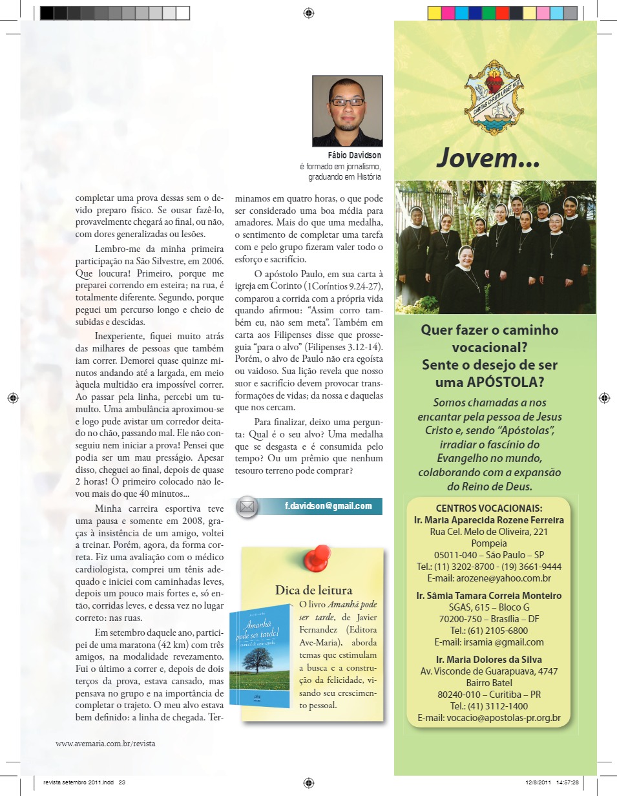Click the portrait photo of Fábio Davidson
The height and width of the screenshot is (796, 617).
[348, 111]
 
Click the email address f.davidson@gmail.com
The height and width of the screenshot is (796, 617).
[328, 506]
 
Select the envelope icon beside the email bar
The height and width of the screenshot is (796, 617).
[247, 507]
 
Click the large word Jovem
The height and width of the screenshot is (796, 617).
[488, 158]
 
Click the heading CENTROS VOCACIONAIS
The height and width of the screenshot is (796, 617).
[489, 508]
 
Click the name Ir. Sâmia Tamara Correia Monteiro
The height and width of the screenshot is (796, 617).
[489, 596]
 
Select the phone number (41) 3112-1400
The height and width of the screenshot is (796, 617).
[489, 706]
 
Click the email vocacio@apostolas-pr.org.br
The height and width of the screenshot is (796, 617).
[489, 718]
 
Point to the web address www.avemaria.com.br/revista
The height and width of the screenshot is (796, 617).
[105, 743]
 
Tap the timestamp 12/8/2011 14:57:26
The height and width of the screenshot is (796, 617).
[551, 782]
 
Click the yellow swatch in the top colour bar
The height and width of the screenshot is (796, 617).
[434, 13]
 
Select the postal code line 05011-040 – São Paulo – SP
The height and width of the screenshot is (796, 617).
[489, 555]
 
